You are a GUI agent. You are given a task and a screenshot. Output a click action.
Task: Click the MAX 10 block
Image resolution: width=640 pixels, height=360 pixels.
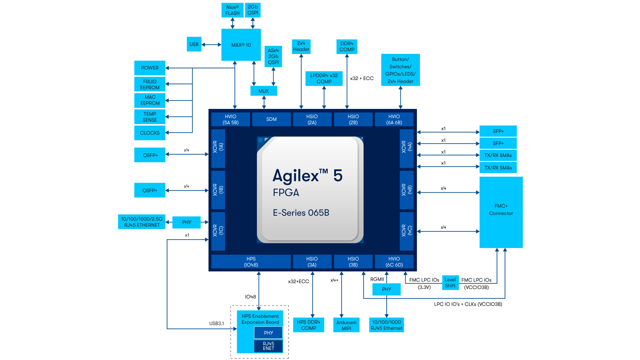click(x=241, y=45)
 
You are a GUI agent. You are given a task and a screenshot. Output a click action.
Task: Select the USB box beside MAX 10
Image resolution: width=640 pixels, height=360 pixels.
click(x=194, y=44)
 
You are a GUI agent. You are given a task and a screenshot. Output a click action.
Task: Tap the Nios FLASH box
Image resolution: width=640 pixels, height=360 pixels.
click(x=232, y=10)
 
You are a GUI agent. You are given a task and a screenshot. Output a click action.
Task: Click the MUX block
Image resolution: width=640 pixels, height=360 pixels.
click(x=263, y=91)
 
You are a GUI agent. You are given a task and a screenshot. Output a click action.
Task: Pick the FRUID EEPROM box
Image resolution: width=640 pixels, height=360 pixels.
click(x=150, y=84)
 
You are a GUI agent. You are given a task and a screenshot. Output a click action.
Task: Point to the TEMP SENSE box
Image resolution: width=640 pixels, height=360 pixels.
click(x=150, y=117)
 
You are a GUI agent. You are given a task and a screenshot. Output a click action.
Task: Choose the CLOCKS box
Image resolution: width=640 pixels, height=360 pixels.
click(x=150, y=133)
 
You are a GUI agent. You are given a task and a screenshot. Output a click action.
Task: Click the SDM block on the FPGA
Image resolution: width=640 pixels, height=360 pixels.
click(x=271, y=119)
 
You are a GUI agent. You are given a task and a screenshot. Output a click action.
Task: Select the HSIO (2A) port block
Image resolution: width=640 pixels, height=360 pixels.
click(x=312, y=119)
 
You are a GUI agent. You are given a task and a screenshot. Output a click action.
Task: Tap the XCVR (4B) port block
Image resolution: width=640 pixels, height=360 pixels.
click(x=407, y=190)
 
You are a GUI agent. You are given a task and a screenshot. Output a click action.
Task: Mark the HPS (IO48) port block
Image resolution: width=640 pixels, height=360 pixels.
click(x=251, y=262)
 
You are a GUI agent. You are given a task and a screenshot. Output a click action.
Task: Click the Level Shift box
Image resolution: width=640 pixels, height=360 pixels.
click(x=450, y=283)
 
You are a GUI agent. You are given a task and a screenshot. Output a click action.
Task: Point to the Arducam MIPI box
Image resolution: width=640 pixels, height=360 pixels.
click(x=346, y=325)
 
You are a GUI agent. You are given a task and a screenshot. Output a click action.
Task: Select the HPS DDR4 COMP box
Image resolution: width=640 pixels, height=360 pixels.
click(x=308, y=325)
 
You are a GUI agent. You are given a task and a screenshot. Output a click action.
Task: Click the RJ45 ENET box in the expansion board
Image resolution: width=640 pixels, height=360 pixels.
click(x=268, y=346)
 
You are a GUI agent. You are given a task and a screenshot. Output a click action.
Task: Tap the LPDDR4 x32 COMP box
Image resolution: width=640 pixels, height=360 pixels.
click(x=324, y=79)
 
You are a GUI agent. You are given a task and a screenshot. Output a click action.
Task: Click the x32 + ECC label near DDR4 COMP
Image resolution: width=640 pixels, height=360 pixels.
click(x=362, y=78)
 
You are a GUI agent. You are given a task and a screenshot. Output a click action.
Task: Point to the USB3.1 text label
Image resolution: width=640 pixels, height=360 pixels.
click(x=217, y=323)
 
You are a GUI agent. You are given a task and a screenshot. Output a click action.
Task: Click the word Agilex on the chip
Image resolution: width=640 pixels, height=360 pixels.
click(x=296, y=176)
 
